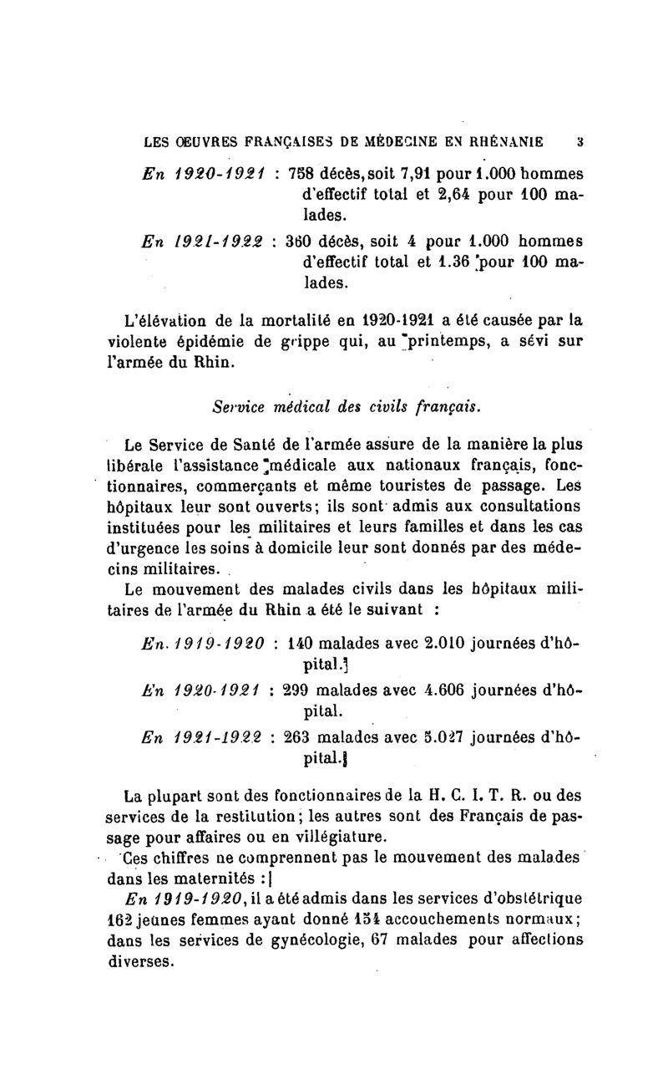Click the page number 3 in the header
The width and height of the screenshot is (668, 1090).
tap(566, 141)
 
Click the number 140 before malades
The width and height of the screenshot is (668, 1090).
tap(299, 643)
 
